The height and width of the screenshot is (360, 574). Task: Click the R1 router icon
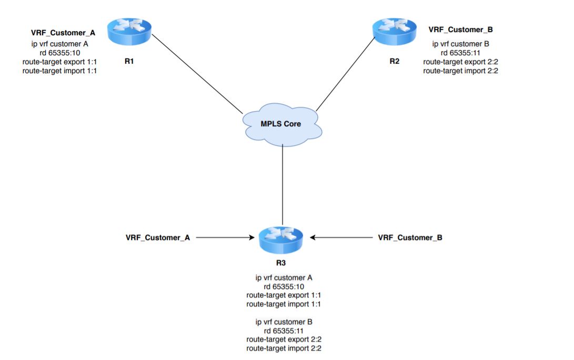point(129,32)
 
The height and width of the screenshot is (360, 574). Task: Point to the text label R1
point(129,61)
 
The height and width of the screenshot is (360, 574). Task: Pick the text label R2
point(394,61)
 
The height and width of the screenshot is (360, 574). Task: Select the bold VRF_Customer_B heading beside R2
point(460,29)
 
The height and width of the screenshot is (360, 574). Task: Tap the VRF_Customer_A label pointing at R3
point(157,237)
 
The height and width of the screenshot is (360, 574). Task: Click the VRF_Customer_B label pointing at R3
point(410,237)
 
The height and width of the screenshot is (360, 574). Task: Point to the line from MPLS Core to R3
point(283,184)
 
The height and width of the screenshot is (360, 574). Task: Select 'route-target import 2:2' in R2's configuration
point(460,71)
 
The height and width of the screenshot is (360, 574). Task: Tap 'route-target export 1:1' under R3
point(284,295)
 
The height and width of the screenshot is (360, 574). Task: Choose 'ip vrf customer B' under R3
point(284,321)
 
